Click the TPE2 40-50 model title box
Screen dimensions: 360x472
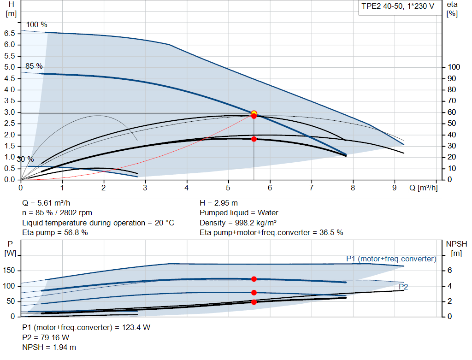tap(397, 8)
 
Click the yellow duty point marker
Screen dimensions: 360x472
tap(254, 113)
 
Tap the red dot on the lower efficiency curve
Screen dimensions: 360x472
tap(254, 139)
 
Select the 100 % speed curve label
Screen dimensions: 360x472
tap(37, 24)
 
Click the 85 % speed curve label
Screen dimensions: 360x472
tap(34, 66)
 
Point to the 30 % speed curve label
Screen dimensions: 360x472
tap(25, 159)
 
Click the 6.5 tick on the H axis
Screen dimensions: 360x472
tap(10, 33)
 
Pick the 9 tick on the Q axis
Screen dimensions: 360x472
tap(395, 188)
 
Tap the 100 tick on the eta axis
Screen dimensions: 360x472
tap(454, 67)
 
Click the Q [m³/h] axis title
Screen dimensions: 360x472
tap(423, 188)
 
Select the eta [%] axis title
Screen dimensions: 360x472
tap(452, 9)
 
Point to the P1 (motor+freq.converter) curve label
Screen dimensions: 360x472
tap(391, 259)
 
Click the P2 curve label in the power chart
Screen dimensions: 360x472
tap(403, 287)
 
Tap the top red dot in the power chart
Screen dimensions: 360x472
tap(254, 279)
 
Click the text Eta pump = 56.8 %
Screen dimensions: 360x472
tap(55, 232)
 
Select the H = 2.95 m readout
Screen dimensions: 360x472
tap(218, 203)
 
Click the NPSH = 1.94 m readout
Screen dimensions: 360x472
tap(49, 347)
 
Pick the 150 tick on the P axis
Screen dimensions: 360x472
tap(10, 271)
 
